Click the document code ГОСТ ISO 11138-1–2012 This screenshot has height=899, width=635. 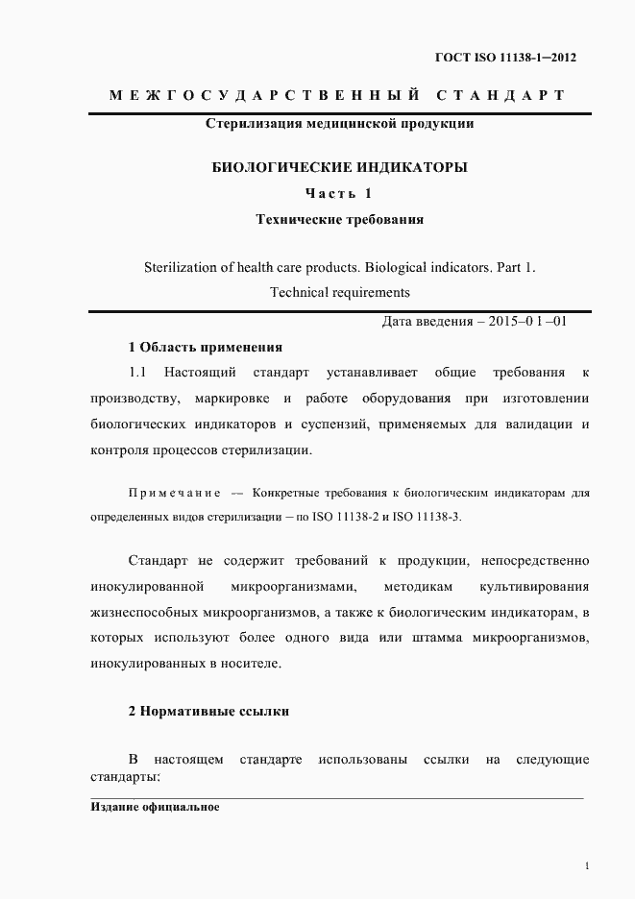point(505,58)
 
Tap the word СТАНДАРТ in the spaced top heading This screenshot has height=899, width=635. point(500,95)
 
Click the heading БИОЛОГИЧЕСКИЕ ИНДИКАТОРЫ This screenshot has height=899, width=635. point(339,167)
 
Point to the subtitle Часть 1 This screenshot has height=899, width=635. point(338,193)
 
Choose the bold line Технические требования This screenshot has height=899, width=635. point(339,219)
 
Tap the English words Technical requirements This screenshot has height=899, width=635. point(339,292)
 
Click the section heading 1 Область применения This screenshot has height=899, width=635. point(205,347)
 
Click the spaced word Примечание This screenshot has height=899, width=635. point(175,494)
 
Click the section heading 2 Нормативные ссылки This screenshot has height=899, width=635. point(208,712)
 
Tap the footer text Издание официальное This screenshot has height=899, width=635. point(155,808)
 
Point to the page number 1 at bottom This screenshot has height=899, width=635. point(586,866)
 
